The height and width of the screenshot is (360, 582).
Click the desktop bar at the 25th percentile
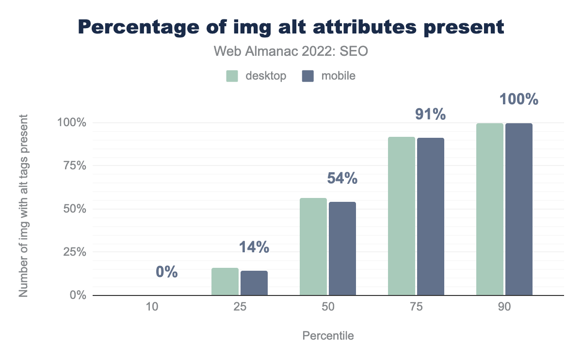[x=225, y=281]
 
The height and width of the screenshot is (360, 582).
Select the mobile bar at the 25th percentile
[x=254, y=283]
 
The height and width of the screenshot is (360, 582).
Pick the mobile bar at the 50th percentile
[x=342, y=248]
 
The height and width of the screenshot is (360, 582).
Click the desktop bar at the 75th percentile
[x=402, y=216]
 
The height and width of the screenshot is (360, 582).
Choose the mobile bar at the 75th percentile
[x=431, y=216]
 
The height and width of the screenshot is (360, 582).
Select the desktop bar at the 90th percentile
[x=490, y=209]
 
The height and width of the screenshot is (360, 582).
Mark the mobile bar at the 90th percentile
[x=519, y=209]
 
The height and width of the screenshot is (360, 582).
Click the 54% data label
[x=342, y=179]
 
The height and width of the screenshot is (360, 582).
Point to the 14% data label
[x=254, y=247]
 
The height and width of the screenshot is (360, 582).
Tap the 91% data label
[x=430, y=115]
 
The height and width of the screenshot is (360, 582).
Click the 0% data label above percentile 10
[x=167, y=272]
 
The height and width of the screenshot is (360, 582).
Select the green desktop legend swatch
[x=232, y=76]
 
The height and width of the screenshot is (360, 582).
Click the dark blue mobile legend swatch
[x=308, y=76]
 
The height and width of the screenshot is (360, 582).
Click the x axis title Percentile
[x=328, y=336]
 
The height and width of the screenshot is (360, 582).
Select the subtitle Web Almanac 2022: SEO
[x=291, y=51]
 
